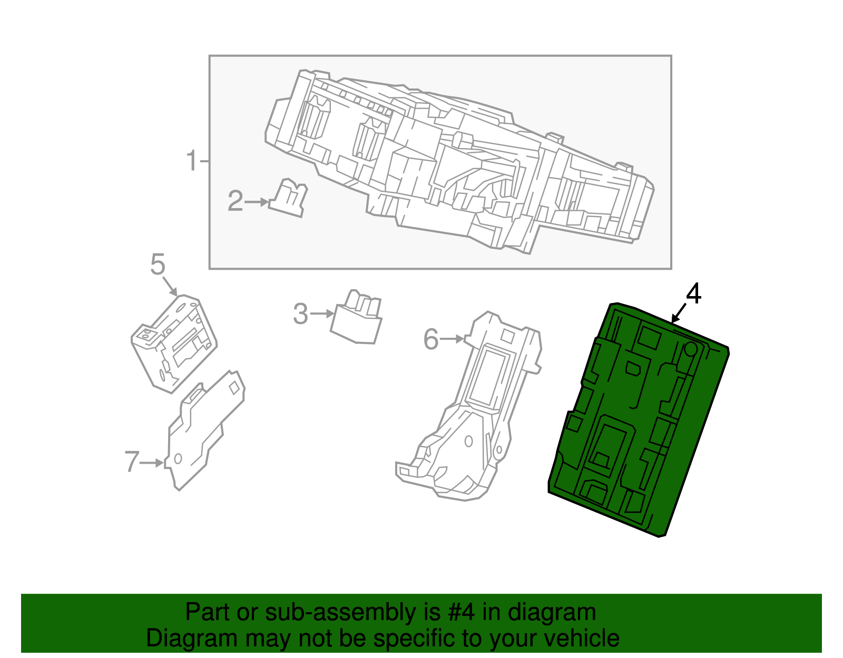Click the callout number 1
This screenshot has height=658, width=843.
[192, 161]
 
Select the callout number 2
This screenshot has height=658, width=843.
[235, 201]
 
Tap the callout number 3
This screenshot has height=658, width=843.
[300, 314]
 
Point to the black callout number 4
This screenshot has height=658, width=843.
[693, 294]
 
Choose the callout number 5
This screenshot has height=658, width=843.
[158, 264]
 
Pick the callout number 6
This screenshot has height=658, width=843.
[431, 339]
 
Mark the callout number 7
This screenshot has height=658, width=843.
[132, 462]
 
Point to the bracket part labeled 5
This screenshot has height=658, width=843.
[174, 342]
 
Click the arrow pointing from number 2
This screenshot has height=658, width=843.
[257, 202]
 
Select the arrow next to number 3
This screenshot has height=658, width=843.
[322, 314]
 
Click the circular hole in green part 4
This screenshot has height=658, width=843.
[690, 349]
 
